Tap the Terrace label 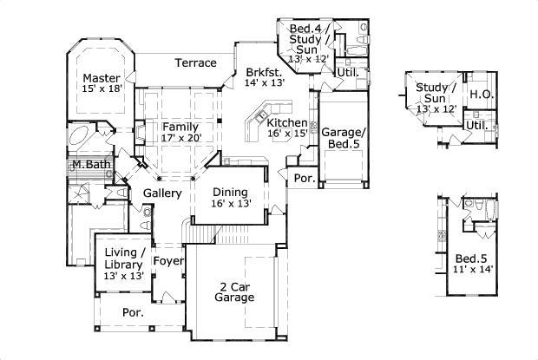(x=195, y=62)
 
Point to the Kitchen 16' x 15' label (x=286, y=128)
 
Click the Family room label (x=180, y=132)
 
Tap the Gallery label (x=162, y=193)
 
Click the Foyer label (x=167, y=260)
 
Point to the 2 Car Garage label (x=234, y=291)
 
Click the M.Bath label (x=89, y=165)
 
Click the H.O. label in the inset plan (x=480, y=93)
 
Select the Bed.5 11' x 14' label (x=473, y=263)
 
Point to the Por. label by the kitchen (x=305, y=180)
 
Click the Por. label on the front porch (x=132, y=311)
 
